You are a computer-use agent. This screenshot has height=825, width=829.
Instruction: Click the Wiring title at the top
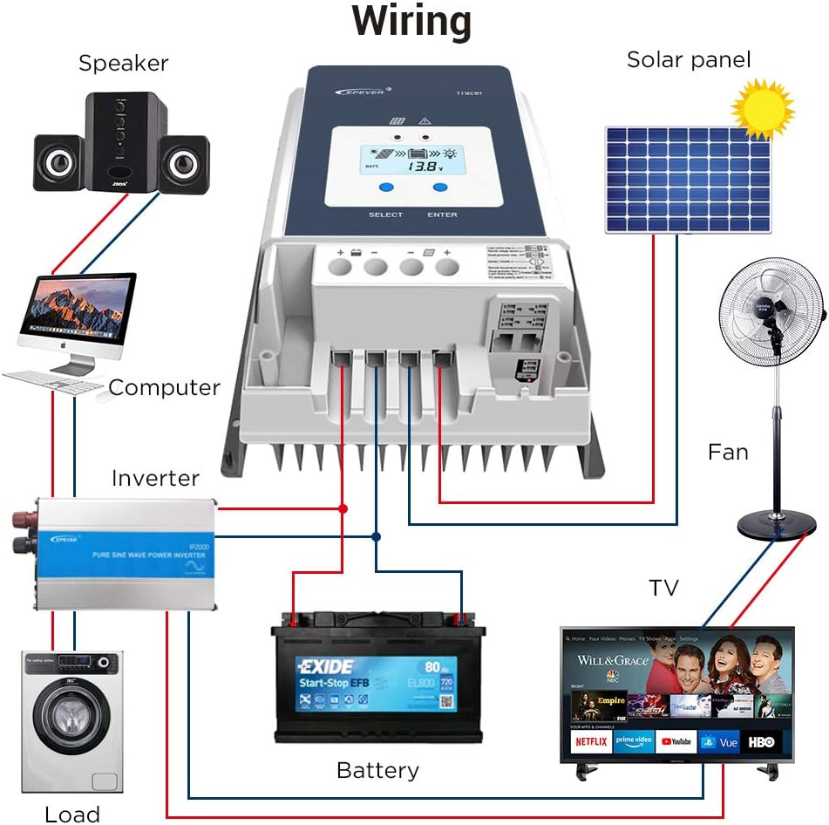(411, 23)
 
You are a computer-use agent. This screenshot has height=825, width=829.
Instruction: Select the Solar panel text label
(689, 60)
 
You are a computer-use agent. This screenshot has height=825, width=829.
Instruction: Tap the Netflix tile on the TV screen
(591, 741)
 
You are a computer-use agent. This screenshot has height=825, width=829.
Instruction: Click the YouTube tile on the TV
(676, 741)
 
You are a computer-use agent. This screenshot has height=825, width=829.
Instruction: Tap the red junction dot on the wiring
(343, 508)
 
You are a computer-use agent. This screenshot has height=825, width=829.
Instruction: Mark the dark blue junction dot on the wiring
(376, 536)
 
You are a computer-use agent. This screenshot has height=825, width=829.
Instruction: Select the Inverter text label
(155, 479)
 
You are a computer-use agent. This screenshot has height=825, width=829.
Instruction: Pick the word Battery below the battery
(377, 770)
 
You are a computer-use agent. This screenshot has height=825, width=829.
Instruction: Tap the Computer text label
(164, 387)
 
